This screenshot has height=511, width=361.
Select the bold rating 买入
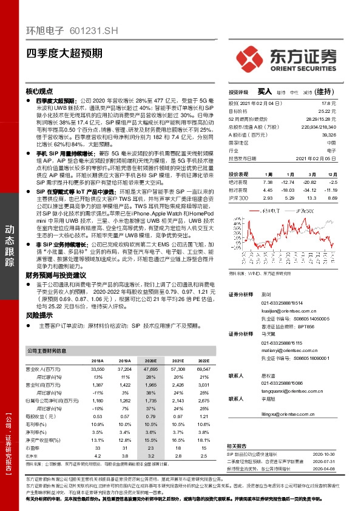coord(265,92)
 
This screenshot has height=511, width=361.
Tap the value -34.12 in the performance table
coord(310,189)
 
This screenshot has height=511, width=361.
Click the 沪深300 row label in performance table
coord(238,198)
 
